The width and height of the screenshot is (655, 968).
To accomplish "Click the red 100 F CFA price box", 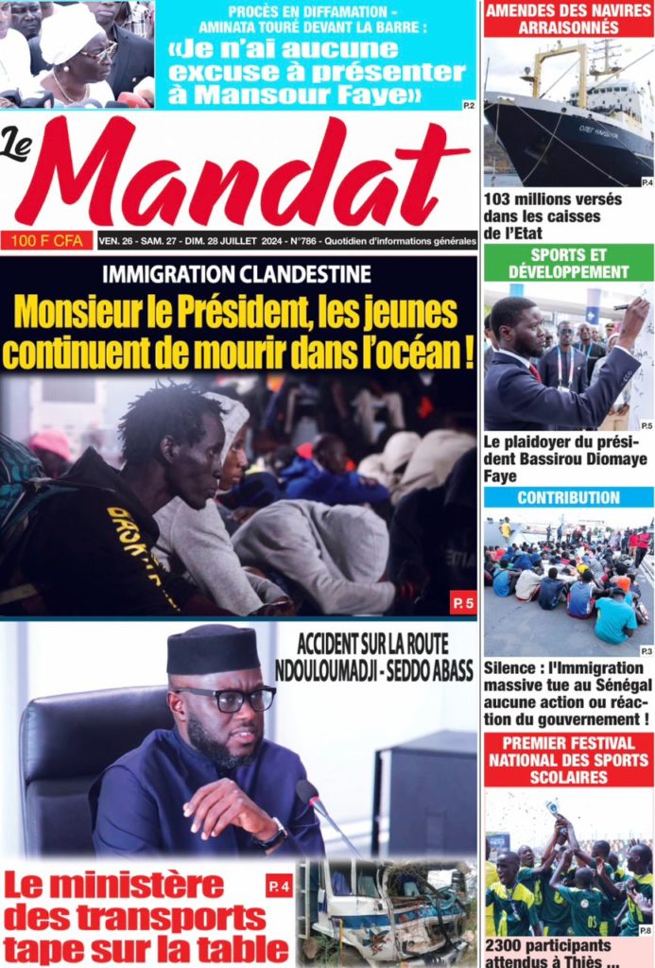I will point(47,241).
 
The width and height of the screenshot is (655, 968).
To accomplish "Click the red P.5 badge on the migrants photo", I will point(461,602).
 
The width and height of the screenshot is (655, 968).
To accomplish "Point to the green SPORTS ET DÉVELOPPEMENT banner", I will point(568,264).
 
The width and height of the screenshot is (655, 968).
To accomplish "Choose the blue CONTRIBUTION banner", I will point(568,497).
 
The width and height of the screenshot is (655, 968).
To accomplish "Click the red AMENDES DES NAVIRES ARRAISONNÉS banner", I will point(568,19).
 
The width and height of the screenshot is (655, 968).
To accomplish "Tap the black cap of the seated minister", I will point(213,648).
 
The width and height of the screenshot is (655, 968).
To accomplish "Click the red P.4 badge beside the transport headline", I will point(280,886).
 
